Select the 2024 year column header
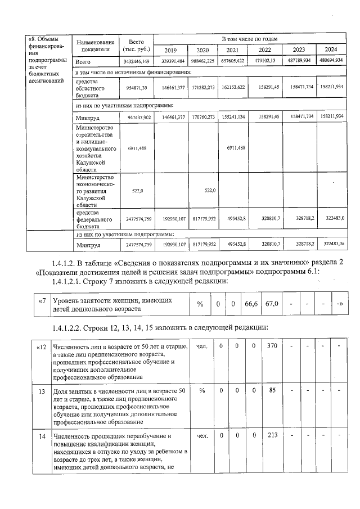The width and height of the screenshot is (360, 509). (x=331, y=49)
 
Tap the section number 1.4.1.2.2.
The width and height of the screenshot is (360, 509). (x=70, y=328)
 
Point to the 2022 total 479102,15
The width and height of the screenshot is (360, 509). (x=266, y=61)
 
